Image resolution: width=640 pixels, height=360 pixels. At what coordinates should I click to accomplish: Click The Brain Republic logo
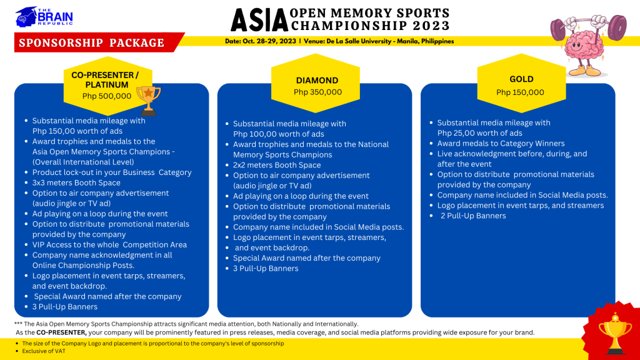(x=44, y=16)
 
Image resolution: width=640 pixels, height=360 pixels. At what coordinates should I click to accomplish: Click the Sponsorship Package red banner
(x=92, y=42)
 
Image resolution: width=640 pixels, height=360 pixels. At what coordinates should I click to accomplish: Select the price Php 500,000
(x=107, y=96)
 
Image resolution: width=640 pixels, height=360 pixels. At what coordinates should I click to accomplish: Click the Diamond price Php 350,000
(x=317, y=92)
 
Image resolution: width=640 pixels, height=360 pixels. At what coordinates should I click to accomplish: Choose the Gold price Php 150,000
(x=520, y=92)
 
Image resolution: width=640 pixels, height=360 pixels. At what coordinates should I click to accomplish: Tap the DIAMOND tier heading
(x=317, y=80)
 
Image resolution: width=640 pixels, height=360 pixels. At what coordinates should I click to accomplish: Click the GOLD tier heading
(x=521, y=79)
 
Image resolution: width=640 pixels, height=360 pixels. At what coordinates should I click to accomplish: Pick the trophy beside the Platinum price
(x=149, y=99)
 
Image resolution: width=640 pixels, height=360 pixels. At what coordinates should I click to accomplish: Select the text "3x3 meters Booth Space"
(x=76, y=182)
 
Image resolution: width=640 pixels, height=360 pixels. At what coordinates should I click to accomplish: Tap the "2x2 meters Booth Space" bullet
(x=277, y=165)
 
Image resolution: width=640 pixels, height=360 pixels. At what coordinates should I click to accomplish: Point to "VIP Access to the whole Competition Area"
(x=109, y=244)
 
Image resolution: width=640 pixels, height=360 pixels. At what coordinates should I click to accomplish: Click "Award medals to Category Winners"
(x=501, y=143)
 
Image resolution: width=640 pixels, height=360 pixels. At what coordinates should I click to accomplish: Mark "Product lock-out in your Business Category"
(x=112, y=172)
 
